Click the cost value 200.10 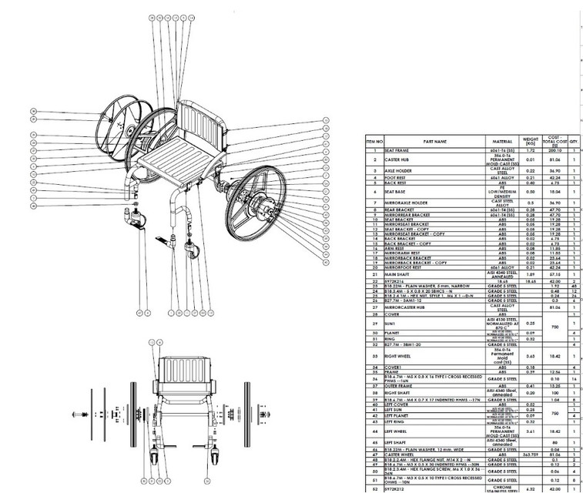pyautogui.click(x=550, y=150)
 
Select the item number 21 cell pyautogui.click(x=375, y=273)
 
